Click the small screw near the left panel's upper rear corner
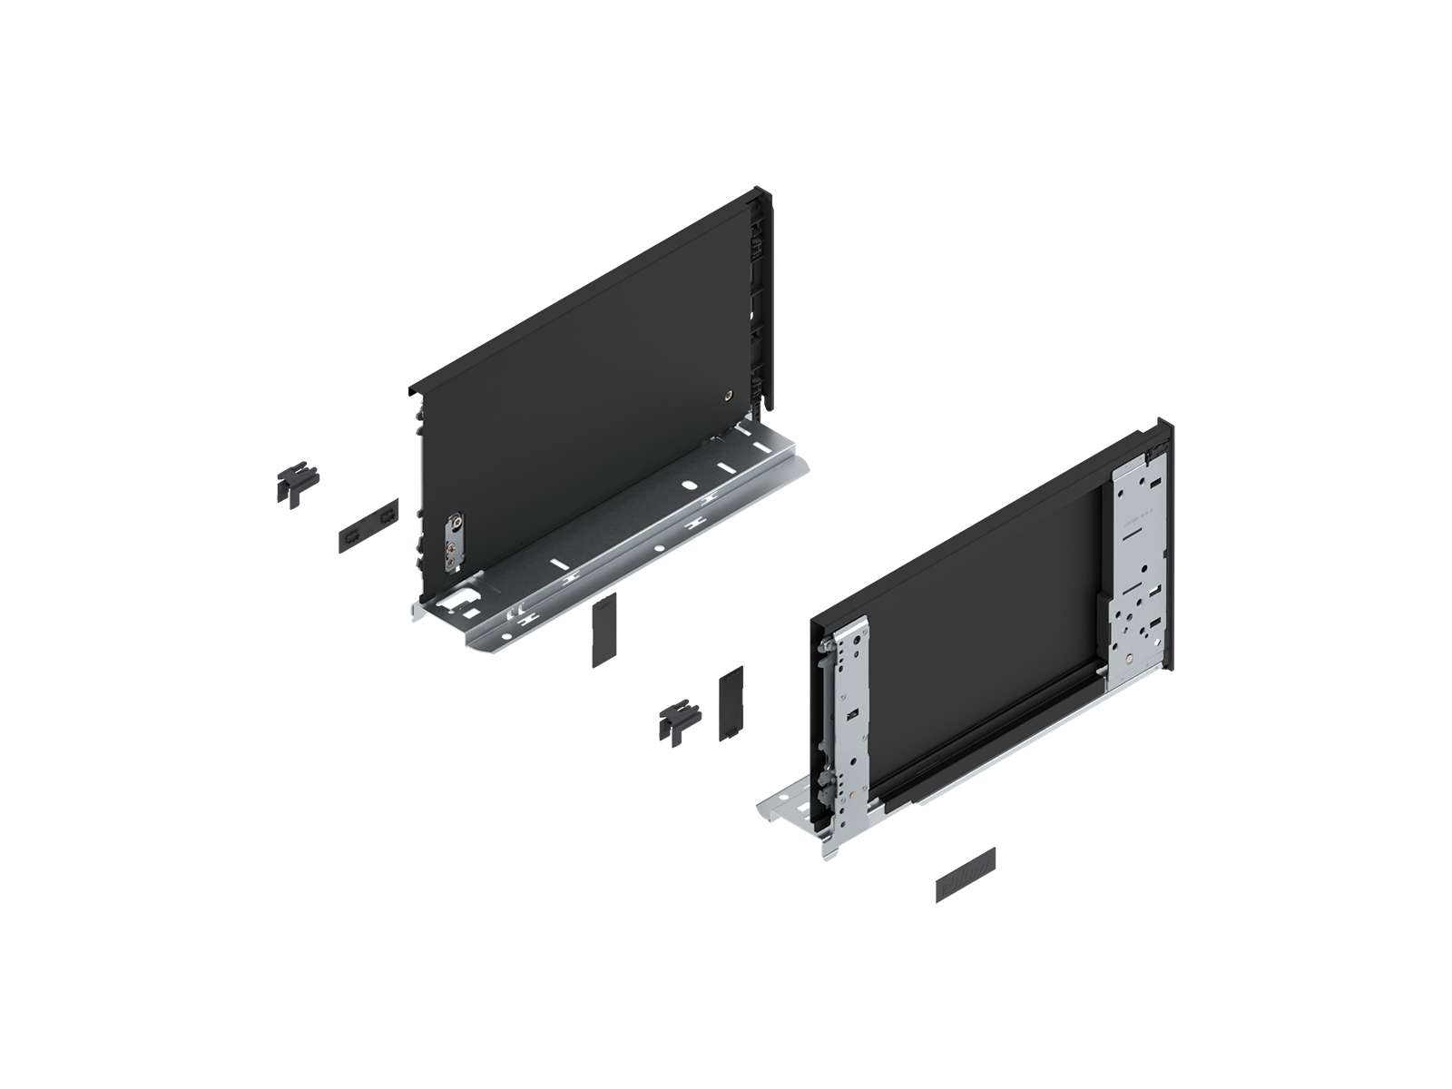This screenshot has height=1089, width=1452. [x=728, y=395]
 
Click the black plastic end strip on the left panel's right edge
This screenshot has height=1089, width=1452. [x=757, y=299]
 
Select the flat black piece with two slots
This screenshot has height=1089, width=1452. [x=367, y=525]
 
